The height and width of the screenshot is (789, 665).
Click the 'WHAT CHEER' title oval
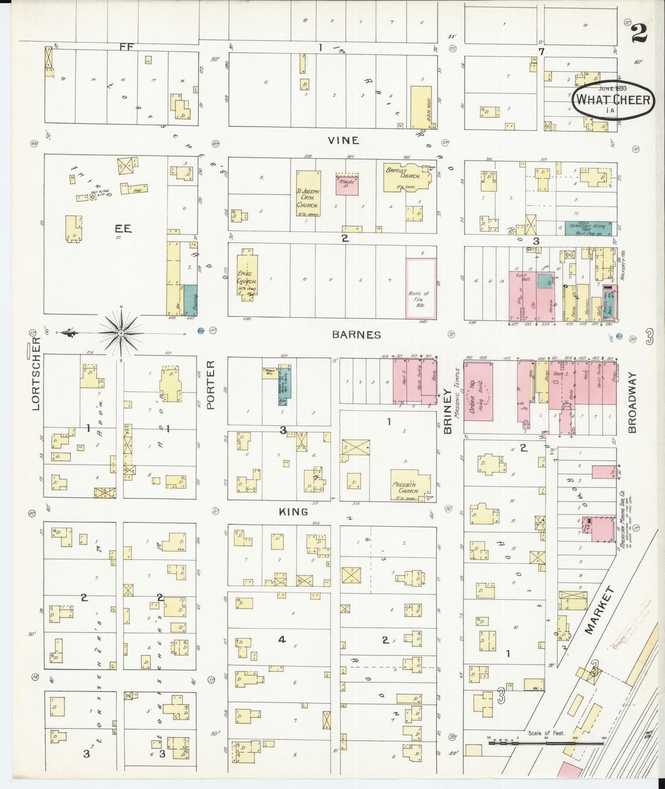pos(613,99)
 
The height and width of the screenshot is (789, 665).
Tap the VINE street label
pos(343,140)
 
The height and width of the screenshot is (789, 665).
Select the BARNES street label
pos(357,335)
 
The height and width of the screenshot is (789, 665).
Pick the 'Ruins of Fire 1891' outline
pos(421,288)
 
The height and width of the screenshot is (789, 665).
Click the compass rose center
pos(121,332)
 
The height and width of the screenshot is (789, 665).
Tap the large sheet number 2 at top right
pos(639,33)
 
